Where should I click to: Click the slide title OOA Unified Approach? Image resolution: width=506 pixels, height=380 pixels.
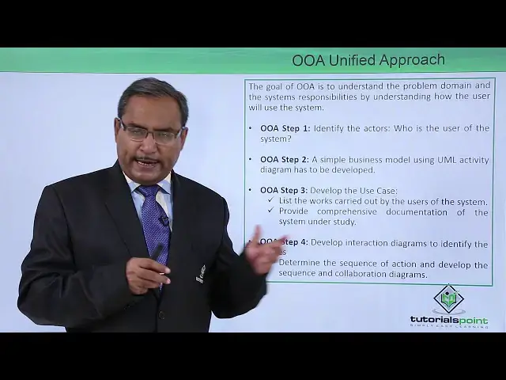point(368,60)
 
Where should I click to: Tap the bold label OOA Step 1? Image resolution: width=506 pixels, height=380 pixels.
point(285,128)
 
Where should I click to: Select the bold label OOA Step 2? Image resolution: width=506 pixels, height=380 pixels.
point(285,159)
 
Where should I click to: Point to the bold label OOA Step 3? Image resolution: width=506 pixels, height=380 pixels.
point(284,191)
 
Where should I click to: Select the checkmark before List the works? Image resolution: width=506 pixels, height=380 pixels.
point(271,202)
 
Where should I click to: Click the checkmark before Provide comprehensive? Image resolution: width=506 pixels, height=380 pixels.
point(271,212)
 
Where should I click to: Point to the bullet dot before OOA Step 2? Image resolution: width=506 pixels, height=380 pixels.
point(251,159)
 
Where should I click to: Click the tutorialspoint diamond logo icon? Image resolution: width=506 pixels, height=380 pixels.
point(449,298)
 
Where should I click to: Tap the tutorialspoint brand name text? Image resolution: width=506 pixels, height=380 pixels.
point(448,320)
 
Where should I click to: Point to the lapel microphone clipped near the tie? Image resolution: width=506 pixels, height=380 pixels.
point(164,222)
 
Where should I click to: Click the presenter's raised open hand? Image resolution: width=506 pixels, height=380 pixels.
point(261,253)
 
